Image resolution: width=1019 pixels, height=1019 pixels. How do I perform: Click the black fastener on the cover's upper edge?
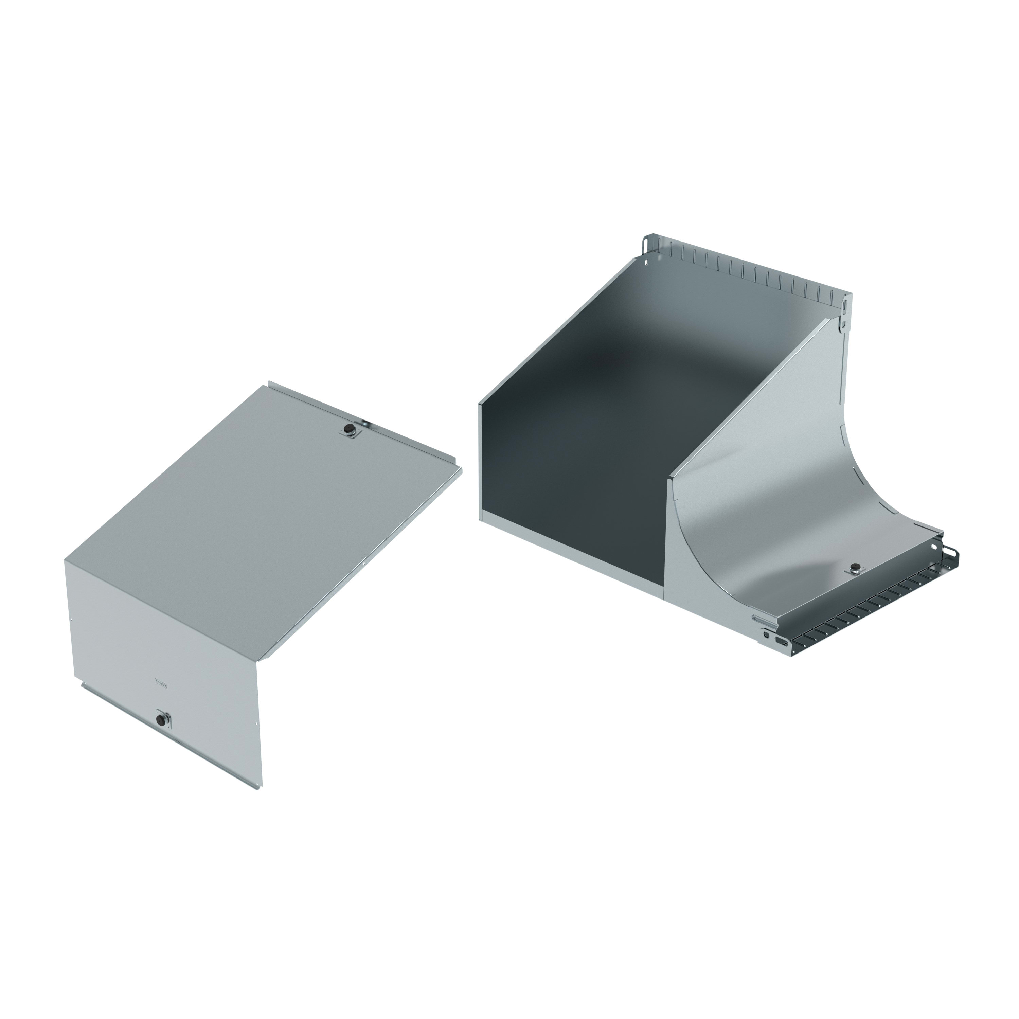pos(348,430)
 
